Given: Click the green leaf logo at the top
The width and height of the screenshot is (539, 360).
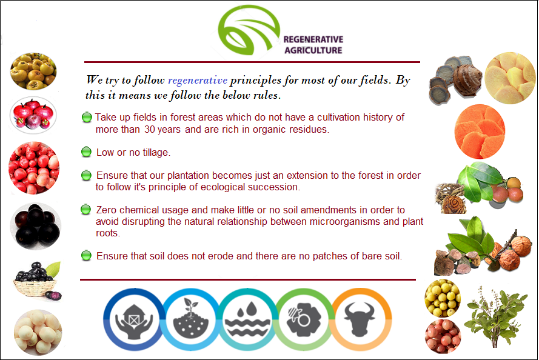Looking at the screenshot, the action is click(249, 30).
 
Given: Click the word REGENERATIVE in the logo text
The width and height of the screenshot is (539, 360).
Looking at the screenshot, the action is click(313, 39).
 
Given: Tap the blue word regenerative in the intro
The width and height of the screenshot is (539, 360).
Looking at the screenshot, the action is click(197, 81).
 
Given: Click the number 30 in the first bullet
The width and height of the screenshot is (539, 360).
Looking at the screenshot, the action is click(150, 130).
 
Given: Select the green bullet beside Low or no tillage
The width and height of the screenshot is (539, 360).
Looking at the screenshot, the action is click(86, 152).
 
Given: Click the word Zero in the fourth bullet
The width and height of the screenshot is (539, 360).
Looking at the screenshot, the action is click(107, 210).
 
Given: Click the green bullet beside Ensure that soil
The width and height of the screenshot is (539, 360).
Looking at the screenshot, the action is click(86, 256).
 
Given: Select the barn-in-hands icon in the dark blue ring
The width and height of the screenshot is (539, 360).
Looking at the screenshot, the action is click(134, 320).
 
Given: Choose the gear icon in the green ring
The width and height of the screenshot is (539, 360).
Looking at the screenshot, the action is click(304, 319).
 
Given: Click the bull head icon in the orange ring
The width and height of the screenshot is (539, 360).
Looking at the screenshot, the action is click(360, 319).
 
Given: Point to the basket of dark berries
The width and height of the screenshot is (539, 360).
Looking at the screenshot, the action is click(37, 281).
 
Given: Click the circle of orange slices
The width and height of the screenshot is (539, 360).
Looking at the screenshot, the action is click(480, 132).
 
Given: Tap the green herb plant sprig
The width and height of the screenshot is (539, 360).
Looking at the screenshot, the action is click(496, 316).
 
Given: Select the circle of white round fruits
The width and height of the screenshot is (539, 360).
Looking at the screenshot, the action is click(38, 332).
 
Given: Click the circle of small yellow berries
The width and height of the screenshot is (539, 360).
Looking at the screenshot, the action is click(443, 298).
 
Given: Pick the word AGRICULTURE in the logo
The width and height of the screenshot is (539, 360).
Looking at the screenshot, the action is click(313, 50).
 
